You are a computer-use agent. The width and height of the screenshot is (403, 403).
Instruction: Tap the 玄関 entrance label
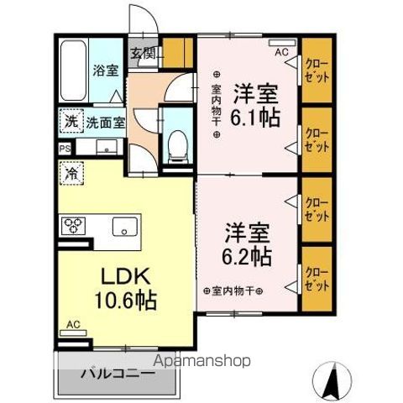click(x=143, y=54)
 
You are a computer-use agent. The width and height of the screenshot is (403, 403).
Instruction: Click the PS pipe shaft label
click(x=64, y=149)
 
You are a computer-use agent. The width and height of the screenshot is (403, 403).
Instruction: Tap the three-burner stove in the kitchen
click(x=71, y=227)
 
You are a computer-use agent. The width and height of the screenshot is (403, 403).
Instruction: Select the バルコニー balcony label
click(x=117, y=374)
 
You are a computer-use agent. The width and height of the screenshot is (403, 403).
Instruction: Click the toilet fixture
click(x=177, y=146)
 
